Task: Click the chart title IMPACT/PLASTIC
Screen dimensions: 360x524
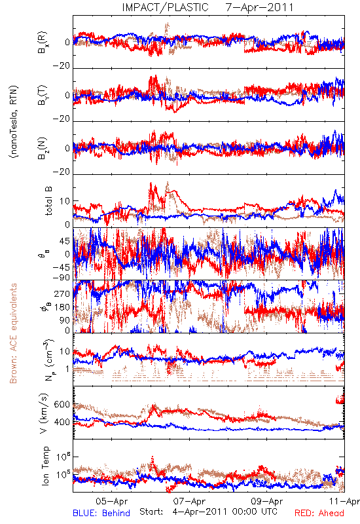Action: [x=165, y=7]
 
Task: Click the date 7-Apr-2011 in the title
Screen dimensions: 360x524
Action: [x=259, y=7]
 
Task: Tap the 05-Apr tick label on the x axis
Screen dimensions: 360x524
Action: [x=111, y=501]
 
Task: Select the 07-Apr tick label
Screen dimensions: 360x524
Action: [x=190, y=501]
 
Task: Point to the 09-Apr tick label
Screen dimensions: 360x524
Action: [x=267, y=501]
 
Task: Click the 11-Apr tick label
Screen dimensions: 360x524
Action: [x=344, y=501]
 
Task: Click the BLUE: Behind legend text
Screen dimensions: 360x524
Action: [x=101, y=513]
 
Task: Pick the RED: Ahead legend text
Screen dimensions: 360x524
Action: [x=319, y=513]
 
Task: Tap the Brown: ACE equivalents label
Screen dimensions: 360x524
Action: [x=13, y=333]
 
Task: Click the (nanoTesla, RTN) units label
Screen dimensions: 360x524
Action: [x=14, y=122]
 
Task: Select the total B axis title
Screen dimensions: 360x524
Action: [x=48, y=201]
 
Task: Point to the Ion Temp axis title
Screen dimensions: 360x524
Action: [x=45, y=466]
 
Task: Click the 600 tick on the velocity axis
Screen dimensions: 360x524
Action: [x=62, y=405]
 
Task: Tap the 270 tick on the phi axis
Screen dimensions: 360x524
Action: [x=62, y=293]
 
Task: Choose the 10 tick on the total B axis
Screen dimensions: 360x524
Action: [x=65, y=201]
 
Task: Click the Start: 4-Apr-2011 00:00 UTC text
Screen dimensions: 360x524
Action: [x=208, y=512]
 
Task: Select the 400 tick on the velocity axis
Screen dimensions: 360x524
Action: [x=62, y=422]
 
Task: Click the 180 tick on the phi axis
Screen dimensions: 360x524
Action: [x=62, y=307]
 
